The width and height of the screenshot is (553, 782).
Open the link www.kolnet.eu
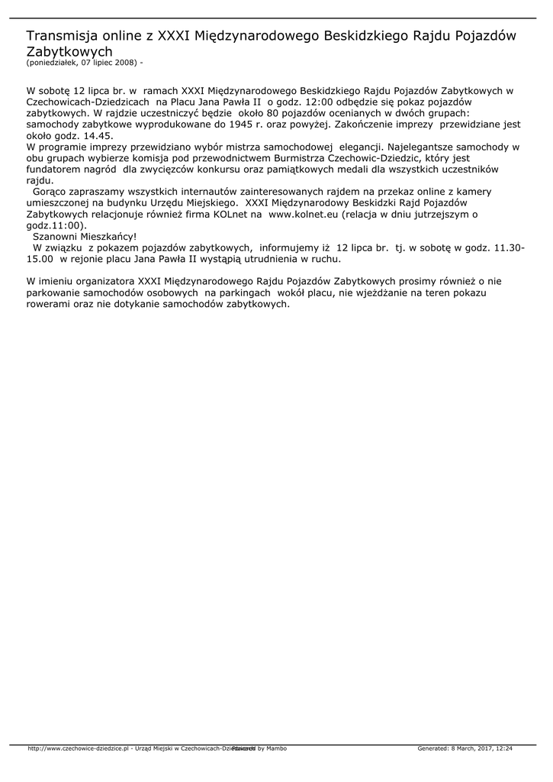pos(304,216)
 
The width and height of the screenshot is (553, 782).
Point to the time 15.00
pos(40,259)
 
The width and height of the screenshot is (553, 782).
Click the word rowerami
pos(48,303)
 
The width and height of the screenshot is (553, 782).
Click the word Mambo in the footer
pos(276,748)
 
